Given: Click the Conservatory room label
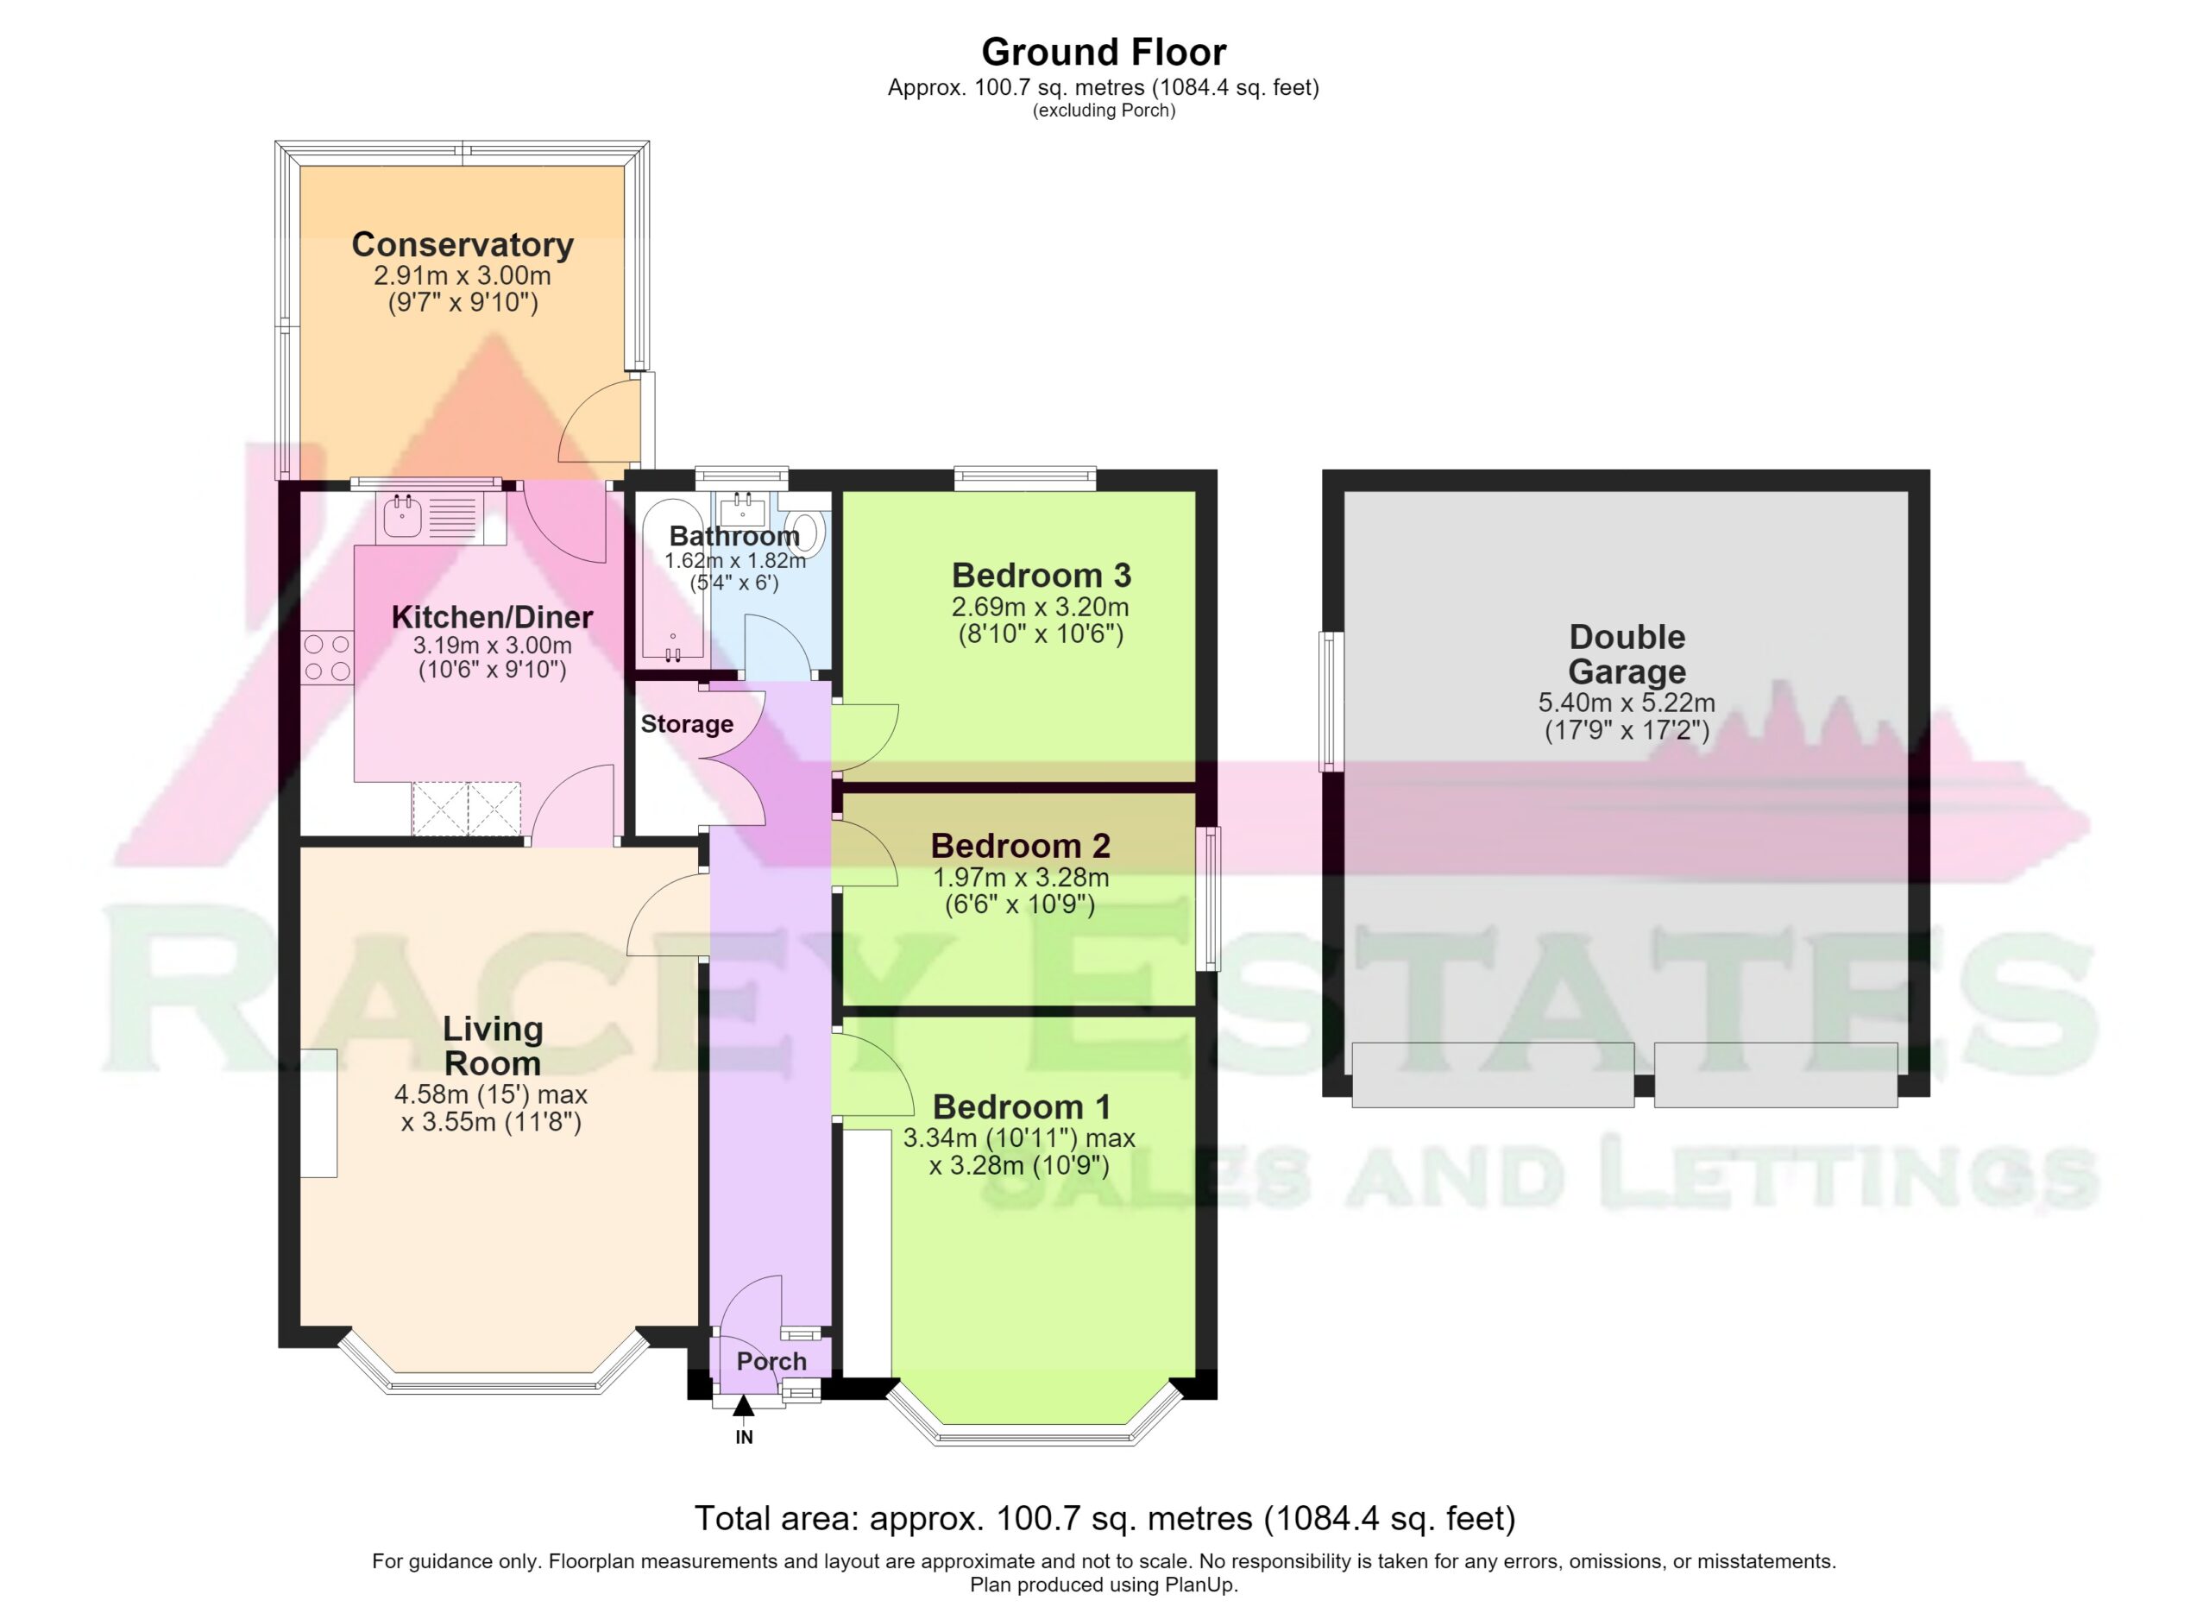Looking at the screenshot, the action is point(462,244).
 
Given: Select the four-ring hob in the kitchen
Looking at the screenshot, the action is point(327,658).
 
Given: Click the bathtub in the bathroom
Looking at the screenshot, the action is point(672,581).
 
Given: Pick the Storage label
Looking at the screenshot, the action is point(687,725).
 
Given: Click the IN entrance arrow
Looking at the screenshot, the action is point(743,1405).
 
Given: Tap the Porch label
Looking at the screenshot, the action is point(771,1362).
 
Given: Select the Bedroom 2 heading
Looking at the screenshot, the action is point(1020,846).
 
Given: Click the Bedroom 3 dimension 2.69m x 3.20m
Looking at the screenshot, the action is point(1041,607).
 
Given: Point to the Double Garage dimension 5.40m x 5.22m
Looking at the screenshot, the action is point(1627,703).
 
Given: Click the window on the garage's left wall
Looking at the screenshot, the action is point(1331,702).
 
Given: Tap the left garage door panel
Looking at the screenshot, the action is point(1493,1075).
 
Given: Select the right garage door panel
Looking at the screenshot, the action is point(1776,1075).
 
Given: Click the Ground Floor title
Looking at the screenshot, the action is point(1104,52).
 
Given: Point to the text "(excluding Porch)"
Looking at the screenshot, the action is point(1104,111).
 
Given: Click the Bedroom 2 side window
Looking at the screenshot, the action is point(1209,899).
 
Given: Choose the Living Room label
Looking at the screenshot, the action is point(492,1045).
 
